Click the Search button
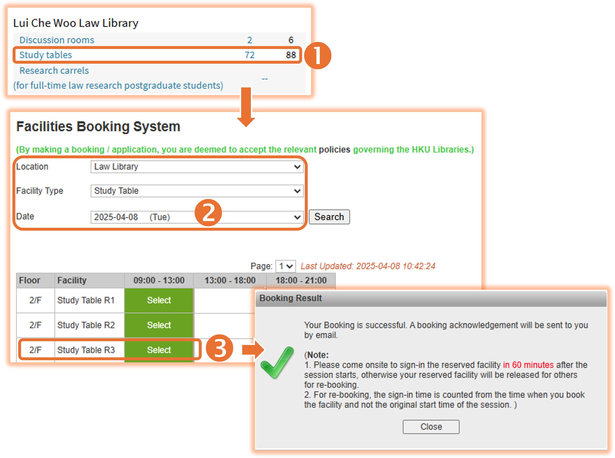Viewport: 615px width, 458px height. tap(329, 217)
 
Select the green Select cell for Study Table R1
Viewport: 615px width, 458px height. tap(159, 300)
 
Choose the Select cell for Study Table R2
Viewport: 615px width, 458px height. tap(159, 325)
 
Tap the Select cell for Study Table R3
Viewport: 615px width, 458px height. tap(159, 350)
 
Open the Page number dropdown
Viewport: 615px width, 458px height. tap(285, 266)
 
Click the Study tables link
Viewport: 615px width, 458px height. tap(45, 55)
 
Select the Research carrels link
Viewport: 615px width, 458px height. tap(54, 70)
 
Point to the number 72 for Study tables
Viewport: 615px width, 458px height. tap(249, 55)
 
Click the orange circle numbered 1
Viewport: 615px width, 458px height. tap(318, 55)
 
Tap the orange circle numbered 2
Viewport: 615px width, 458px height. tap(208, 213)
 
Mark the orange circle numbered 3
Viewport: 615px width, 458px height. tap(219, 348)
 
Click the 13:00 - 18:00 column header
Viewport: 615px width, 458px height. tap(230, 280)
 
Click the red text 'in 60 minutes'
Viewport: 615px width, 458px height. tap(528, 365)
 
